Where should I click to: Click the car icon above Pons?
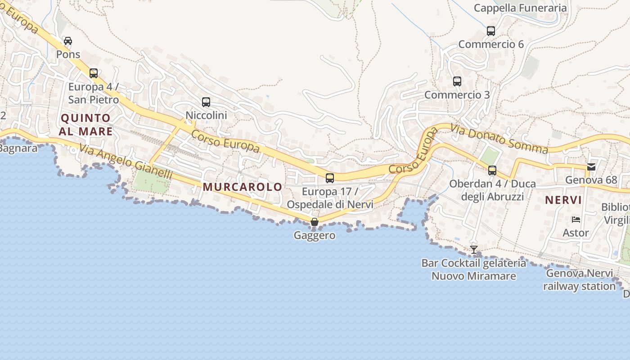(68, 41)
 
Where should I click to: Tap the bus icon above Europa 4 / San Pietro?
(94, 73)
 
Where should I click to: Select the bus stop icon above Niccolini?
(206, 102)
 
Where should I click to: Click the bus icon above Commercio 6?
(491, 31)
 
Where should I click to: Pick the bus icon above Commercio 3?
(457, 81)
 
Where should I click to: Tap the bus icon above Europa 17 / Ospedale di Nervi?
(330, 178)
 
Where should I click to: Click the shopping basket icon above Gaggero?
(315, 222)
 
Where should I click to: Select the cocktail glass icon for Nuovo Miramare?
(474, 249)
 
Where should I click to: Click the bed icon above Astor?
(576, 220)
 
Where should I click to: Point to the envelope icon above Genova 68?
(591, 167)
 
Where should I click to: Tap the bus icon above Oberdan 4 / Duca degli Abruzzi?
(492, 171)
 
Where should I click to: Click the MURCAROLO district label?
(243, 187)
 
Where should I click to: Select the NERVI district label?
(563, 200)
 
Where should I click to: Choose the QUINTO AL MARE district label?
(85, 125)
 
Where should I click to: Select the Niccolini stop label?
(206, 115)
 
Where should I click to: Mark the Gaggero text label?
(315, 235)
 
